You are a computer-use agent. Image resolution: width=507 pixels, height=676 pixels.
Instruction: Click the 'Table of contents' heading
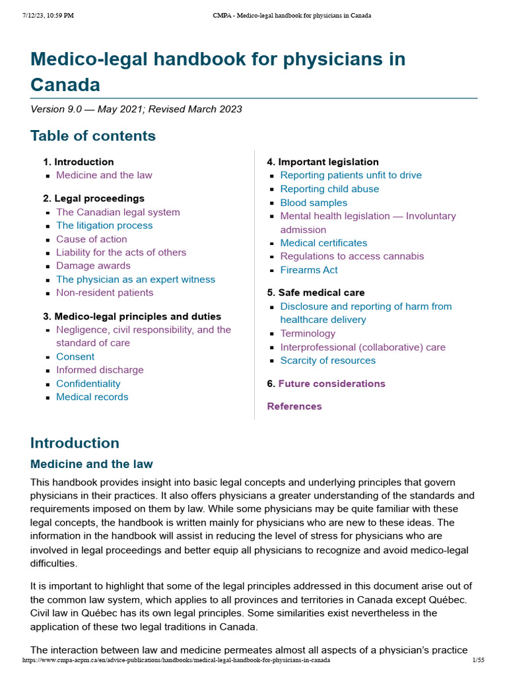coord(93,136)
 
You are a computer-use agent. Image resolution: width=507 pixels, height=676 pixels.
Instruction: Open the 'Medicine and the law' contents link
coord(104,175)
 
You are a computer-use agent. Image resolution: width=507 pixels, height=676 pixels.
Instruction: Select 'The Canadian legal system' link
coord(118,212)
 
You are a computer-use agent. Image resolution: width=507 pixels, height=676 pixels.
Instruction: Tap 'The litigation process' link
coord(104,225)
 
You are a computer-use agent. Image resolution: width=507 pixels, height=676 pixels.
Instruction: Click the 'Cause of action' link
coord(91,239)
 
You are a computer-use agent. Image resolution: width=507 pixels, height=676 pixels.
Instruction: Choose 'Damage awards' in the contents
coord(93,265)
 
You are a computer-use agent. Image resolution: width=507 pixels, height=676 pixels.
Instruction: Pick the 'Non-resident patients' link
coord(104,292)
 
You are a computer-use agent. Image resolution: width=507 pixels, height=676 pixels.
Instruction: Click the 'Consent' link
coord(75,356)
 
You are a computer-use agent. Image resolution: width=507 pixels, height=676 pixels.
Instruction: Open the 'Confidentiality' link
coord(88,384)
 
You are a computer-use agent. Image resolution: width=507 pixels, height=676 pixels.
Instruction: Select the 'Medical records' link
coord(92,397)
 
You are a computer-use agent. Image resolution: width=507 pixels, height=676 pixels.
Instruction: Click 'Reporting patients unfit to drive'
coord(351,175)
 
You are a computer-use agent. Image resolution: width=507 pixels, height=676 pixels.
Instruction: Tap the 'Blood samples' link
coord(314,203)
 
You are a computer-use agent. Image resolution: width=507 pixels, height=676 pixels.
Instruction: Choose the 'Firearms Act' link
coord(309,270)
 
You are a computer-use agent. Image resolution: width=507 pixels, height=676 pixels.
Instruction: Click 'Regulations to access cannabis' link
coord(352,256)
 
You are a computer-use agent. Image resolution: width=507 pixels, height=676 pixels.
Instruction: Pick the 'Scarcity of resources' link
coord(327,360)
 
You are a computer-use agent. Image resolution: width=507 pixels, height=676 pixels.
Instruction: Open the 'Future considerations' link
coord(331,384)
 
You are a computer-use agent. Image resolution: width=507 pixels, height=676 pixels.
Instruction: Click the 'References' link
coord(294,406)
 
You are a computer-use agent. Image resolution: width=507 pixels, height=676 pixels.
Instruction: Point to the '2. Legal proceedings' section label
coord(94,198)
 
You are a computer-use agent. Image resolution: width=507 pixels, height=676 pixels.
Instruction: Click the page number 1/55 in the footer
coord(479,660)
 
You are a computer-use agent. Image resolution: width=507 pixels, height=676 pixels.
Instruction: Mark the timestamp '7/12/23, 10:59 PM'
coord(48,15)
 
